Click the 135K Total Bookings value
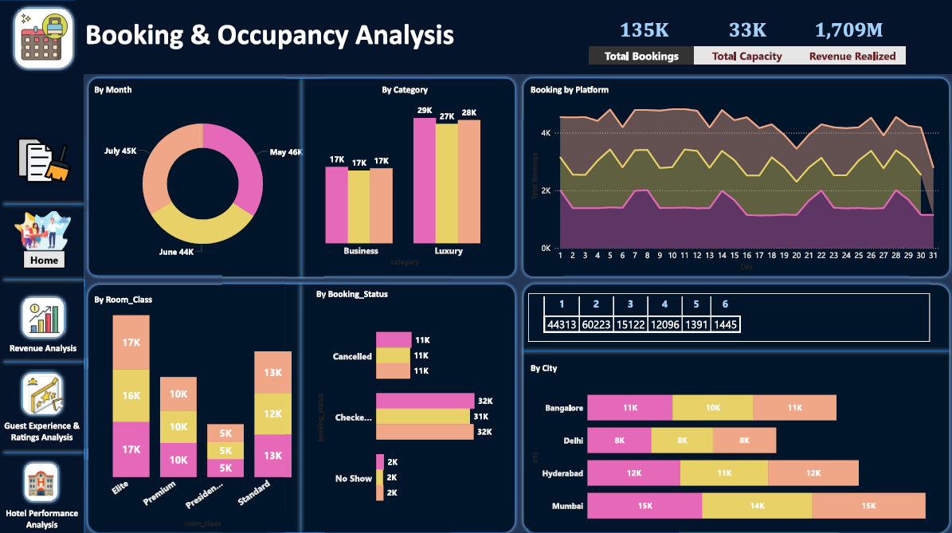click(x=644, y=30)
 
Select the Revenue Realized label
click(x=852, y=57)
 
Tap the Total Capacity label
click(x=746, y=57)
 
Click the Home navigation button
click(x=43, y=260)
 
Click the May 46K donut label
click(x=285, y=152)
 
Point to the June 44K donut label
click(x=176, y=251)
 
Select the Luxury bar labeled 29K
click(x=425, y=179)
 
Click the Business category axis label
click(x=361, y=251)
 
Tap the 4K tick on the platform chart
click(x=546, y=133)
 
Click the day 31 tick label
click(x=931, y=257)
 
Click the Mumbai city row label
click(x=567, y=506)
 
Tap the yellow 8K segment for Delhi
click(x=682, y=440)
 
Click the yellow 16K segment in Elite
click(x=131, y=396)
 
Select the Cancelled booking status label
click(x=352, y=357)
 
